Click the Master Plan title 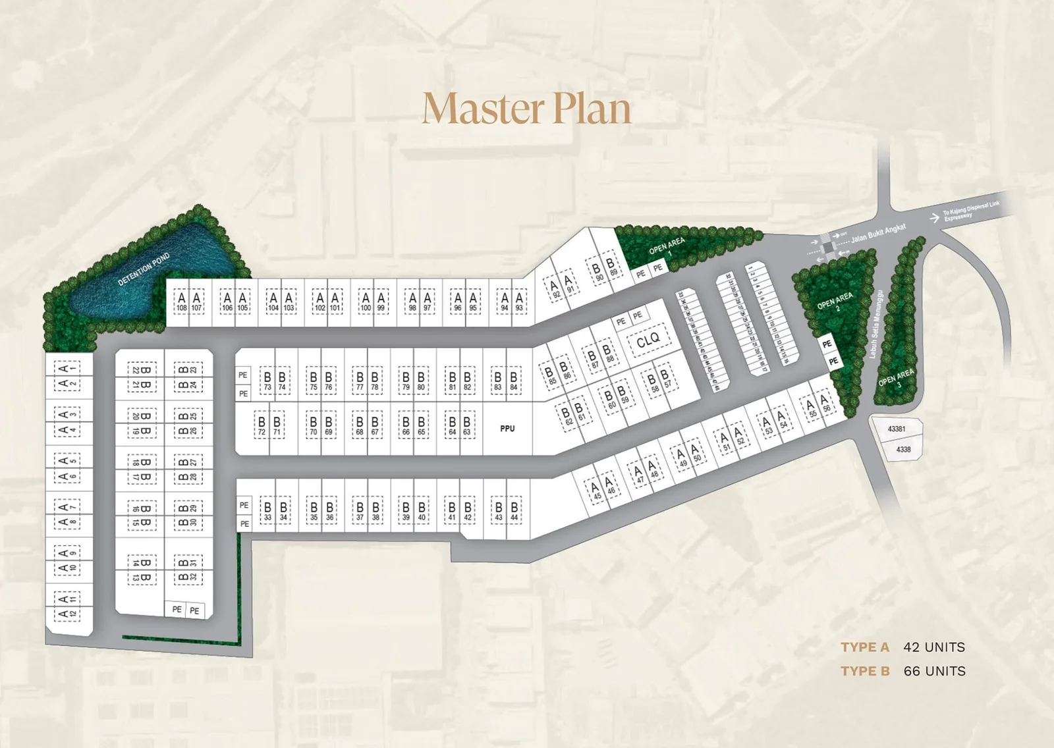[526, 109]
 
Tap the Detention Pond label [144, 269]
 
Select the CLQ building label [648, 340]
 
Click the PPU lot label [507, 429]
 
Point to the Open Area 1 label [667, 248]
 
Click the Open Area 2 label [835, 302]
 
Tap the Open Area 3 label [897, 377]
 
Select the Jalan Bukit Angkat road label [878, 233]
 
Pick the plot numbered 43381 [897, 429]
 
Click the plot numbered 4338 [903, 450]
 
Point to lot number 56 [825, 403]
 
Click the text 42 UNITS [933, 647]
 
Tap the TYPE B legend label [865, 671]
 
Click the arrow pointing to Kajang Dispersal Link [934, 218]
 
